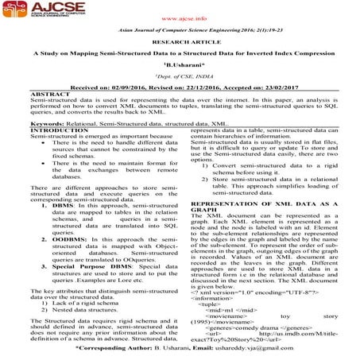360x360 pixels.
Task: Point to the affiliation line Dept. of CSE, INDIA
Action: point(180,85)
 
